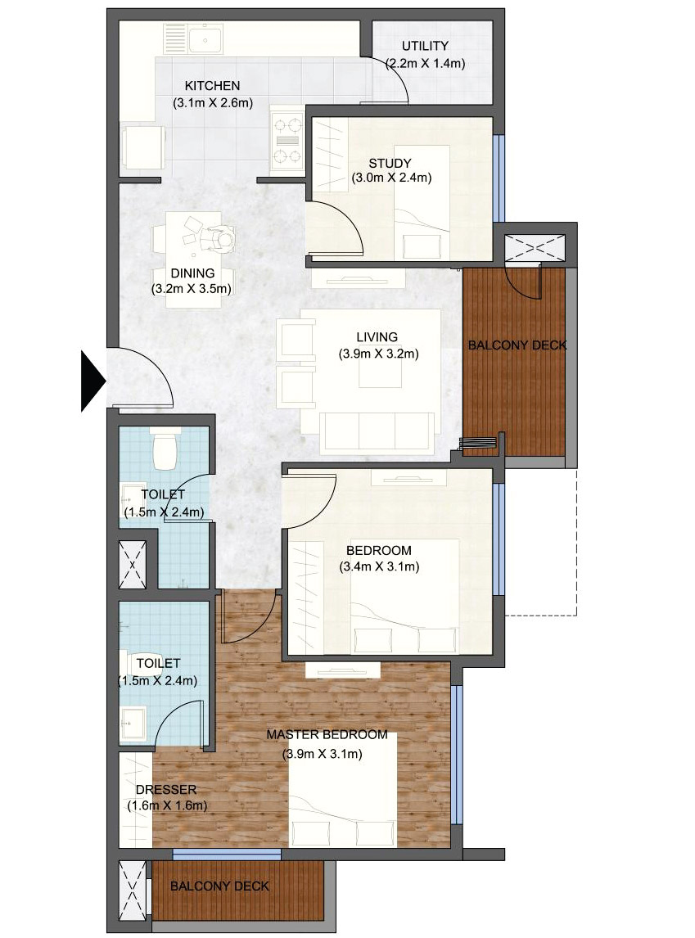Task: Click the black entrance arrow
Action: point(93,381)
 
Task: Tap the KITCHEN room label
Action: point(212,86)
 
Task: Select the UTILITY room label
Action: point(425,46)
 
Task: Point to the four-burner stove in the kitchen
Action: point(287,141)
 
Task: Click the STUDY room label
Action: point(390,163)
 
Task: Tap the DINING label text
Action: point(192,273)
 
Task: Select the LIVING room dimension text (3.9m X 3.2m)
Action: point(378,354)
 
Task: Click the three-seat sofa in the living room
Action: point(377,430)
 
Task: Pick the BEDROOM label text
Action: point(379,550)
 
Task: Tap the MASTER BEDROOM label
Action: point(327,735)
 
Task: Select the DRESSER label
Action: point(166,790)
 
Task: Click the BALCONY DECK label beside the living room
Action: point(517,345)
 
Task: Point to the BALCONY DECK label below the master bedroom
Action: point(219,886)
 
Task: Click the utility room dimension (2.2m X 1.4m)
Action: point(425,63)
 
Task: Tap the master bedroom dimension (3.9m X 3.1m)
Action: point(323,754)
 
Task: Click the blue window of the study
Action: point(499,178)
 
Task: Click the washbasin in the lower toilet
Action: point(133,723)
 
